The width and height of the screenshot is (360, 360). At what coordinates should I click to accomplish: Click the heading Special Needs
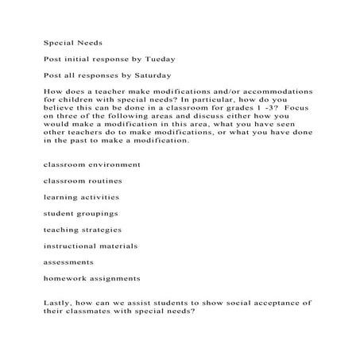[69, 45]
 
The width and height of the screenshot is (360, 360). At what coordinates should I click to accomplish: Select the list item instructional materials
[91, 246]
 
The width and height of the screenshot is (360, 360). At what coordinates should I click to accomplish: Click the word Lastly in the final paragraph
[57, 303]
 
